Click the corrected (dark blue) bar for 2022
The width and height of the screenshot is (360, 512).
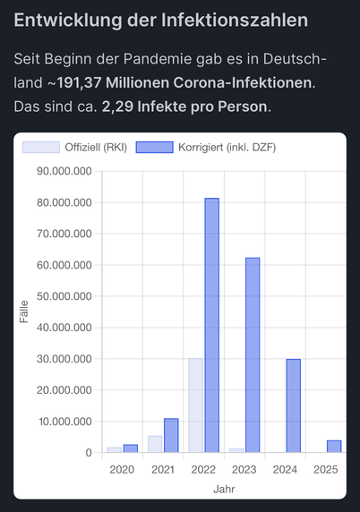(212, 325)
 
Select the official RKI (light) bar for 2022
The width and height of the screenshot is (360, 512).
(196, 405)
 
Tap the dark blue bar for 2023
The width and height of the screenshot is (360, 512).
(253, 355)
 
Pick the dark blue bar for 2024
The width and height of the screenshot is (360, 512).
(294, 405)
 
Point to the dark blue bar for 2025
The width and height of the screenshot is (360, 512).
(334, 447)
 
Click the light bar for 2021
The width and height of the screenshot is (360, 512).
(155, 444)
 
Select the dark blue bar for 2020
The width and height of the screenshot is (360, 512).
(131, 448)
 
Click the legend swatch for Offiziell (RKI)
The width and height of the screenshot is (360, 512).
(41, 148)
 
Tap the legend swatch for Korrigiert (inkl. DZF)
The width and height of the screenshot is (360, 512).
(155, 148)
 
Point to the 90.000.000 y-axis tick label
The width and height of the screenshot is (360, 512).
(64, 171)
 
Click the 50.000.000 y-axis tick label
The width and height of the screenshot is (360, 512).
(64, 296)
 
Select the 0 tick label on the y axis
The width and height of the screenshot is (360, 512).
(89, 453)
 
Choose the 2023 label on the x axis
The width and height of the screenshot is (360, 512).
(244, 470)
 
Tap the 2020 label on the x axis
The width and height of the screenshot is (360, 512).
(122, 470)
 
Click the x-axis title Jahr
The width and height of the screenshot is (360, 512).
(224, 489)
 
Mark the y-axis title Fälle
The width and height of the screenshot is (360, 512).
(24, 311)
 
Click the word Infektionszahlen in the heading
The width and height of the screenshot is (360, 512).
(235, 21)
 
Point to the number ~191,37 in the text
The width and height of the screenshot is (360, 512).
(74, 83)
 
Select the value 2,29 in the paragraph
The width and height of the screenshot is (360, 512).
(117, 107)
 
